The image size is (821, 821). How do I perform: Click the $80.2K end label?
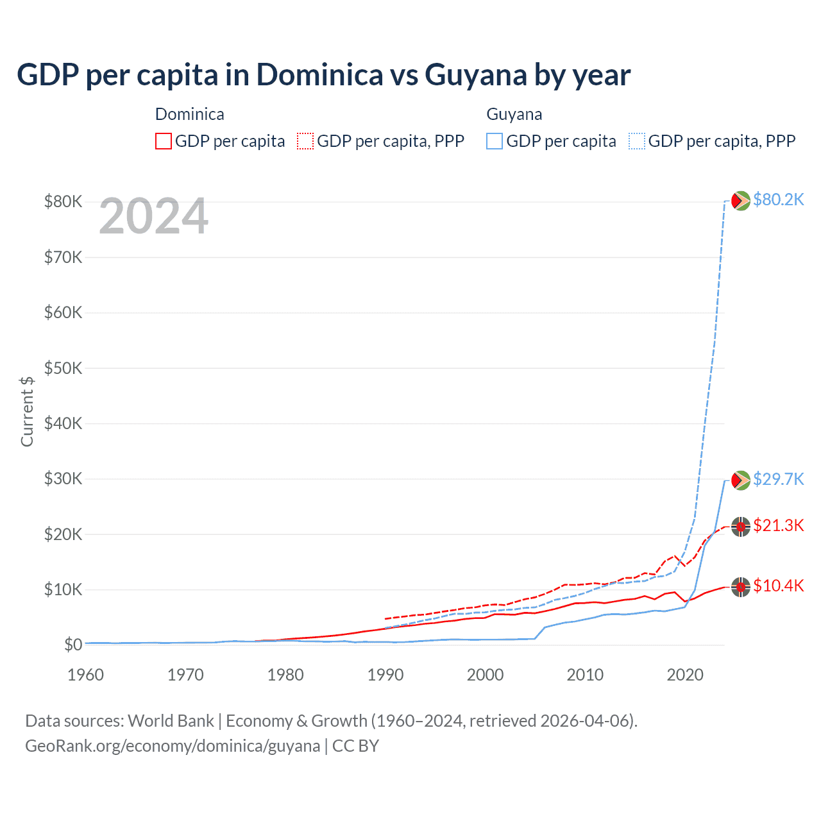coord(778,199)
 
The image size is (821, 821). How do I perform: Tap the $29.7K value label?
coord(778,479)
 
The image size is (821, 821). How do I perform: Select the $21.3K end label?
coord(778,525)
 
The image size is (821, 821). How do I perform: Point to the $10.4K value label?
coord(778,586)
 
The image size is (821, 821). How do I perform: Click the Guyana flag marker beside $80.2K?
coord(741,201)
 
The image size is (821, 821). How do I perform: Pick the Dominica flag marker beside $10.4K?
coord(741,586)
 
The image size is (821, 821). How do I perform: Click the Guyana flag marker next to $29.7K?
coord(741,480)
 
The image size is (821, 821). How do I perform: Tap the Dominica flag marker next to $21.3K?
coord(741,527)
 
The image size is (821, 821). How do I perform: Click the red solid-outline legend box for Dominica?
coord(164,141)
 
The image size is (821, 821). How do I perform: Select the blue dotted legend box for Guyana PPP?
coord(637,141)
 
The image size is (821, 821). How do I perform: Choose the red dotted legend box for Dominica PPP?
coord(305,141)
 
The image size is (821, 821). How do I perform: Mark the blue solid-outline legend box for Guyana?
coord(495,141)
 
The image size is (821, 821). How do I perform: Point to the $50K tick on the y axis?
coord(63,368)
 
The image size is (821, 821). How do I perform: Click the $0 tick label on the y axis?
coord(72,645)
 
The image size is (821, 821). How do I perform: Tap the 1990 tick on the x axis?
coord(385,675)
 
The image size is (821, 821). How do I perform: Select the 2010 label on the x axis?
coord(585,675)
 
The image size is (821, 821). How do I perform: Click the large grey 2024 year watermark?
coord(154,216)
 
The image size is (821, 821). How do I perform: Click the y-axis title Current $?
coord(27,411)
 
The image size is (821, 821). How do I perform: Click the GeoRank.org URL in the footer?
coord(173,746)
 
